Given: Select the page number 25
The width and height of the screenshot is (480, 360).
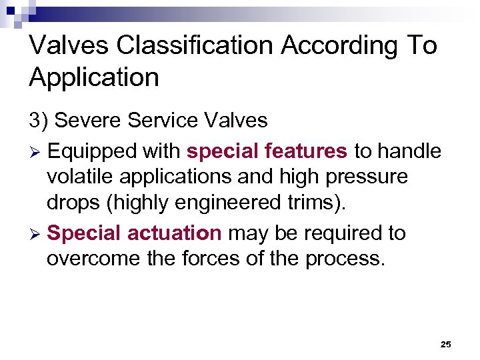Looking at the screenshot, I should pos(446,344).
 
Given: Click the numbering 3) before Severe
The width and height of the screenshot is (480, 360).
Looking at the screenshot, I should pos(38,121).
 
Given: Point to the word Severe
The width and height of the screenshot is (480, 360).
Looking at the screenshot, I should pos(89,121).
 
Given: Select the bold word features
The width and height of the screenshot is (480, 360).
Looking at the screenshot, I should pos(306,151).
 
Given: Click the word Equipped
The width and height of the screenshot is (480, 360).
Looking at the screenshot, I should pos(94,152).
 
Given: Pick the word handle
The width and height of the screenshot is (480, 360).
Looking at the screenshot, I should pos(409,151).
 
